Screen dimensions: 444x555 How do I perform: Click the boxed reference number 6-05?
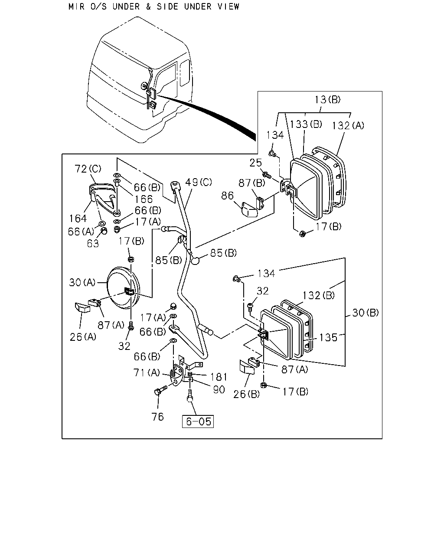point(198,421)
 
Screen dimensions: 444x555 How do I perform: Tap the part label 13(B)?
point(327,99)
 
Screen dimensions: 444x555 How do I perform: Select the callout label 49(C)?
point(199,182)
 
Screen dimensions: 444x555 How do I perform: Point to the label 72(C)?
point(88,169)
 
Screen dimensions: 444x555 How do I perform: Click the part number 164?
point(78,219)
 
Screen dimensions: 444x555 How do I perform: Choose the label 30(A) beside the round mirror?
point(82,282)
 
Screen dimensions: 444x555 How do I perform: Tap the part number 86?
point(227,196)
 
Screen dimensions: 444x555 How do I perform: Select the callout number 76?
point(157,417)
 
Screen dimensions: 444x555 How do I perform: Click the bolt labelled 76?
point(160,390)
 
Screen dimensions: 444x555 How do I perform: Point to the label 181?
point(219,377)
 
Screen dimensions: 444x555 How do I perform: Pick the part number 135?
point(328,337)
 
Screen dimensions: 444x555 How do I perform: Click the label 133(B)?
point(306,124)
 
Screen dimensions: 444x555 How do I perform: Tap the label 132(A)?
point(348,126)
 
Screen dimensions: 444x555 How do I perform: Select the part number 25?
point(255,163)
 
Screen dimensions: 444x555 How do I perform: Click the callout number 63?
point(93,243)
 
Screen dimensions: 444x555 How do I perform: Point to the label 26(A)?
point(83,337)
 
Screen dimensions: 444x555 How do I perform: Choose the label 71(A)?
point(147,372)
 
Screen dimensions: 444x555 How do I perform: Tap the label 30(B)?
point(366,313)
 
